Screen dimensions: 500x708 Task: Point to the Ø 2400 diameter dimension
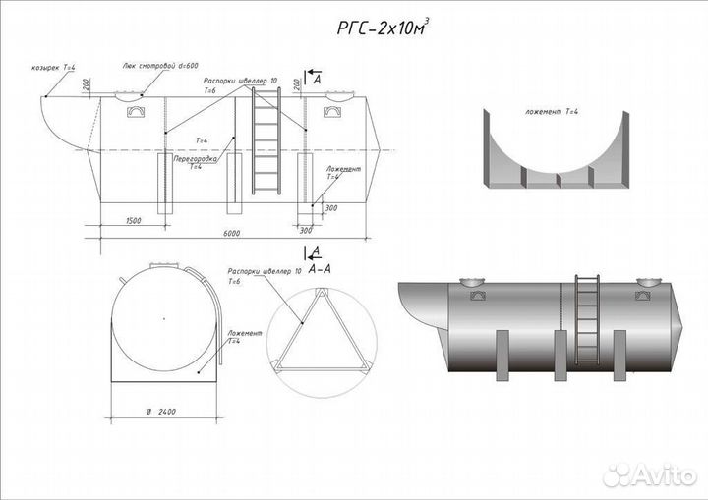[159, 412]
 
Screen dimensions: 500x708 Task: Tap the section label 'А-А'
[319, 267]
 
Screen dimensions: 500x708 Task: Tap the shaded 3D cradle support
[556, 157]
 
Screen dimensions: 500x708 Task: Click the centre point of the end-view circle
[160, 318]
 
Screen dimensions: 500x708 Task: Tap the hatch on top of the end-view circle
[160, 265]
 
